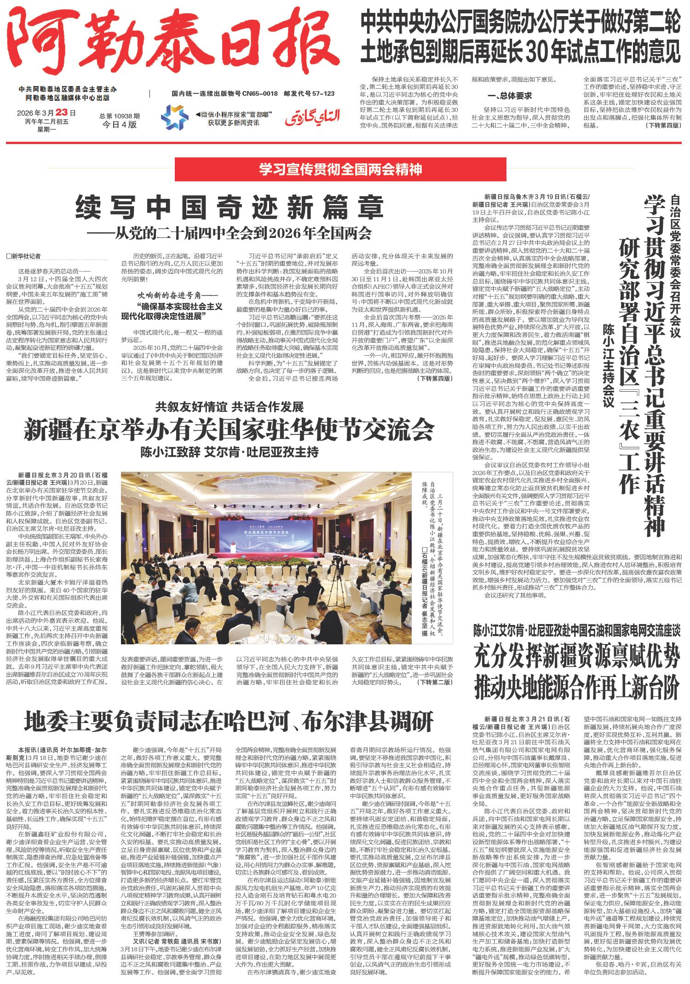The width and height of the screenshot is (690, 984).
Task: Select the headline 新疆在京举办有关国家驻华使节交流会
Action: [x=229, y=430]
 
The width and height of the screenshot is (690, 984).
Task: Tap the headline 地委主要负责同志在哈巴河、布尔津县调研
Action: [x=229, y=721]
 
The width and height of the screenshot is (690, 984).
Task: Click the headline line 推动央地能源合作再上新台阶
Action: [x=577, y=687]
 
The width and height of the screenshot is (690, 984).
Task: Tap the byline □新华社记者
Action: [x=24, y=256]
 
